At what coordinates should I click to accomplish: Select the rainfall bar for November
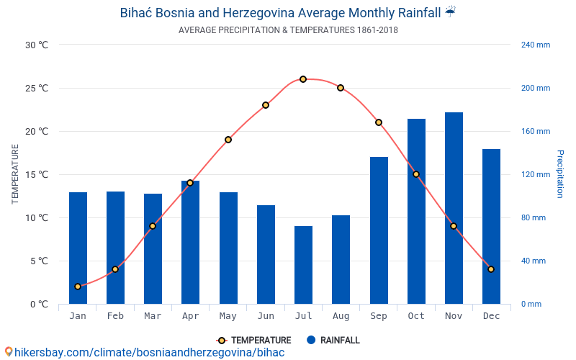pos(454,208)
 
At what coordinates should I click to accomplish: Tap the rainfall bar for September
pos(379,230)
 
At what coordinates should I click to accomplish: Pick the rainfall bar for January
pos(78,248)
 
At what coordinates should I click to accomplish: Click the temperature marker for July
pos(303,79)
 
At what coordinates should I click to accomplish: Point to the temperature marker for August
pos(341,88)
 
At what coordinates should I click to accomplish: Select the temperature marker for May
pos(228,140)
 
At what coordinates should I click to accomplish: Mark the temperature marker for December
pos(491,269)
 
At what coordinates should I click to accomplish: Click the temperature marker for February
pos(115,269)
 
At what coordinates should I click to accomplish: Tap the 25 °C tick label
pos(37,88)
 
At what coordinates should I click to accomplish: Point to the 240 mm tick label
pos(535,45)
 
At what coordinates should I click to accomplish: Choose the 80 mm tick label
pos(534,217)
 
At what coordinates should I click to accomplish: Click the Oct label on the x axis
pos(416,316)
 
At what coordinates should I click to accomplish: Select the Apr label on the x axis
pos(190,316)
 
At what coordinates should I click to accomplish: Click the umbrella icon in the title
pos(450,12)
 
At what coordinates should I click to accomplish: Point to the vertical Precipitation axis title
pos(559,174)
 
